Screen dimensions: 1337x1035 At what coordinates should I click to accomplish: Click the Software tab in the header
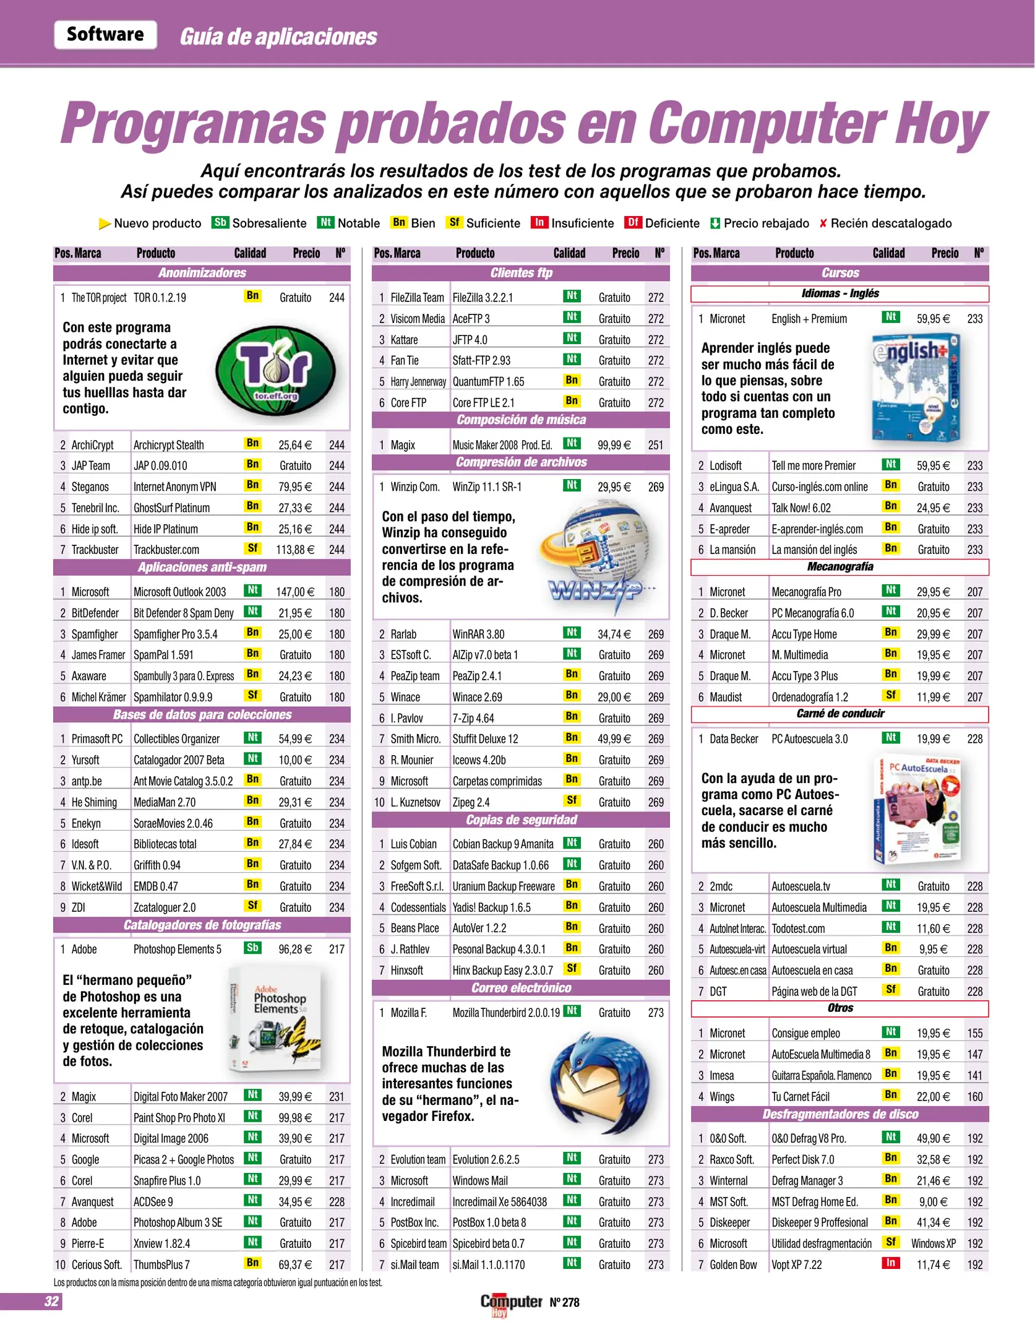[105, 35]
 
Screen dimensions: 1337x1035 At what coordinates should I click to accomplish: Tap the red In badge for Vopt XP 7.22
[890, 1263]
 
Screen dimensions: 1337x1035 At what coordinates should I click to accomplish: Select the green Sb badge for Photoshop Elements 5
[252, 948]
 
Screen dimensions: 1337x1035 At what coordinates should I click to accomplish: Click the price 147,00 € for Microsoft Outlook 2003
[294, 592]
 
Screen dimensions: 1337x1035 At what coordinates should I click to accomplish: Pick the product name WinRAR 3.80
[478, 634]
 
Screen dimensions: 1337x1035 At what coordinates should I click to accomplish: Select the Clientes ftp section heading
[521, 273]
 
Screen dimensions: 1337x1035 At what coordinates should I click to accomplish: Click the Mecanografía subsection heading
[840, 567]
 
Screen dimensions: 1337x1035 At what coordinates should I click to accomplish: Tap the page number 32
[51, 1302]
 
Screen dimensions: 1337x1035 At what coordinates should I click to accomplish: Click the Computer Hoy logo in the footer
[511, 1302]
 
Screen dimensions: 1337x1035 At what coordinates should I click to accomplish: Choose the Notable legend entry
[349, 223]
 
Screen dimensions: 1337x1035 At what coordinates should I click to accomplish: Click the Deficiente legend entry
[663, 223]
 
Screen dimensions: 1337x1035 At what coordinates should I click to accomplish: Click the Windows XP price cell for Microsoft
[933, 1244]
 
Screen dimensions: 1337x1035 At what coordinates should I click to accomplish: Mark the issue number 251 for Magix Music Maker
[656, 445]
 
